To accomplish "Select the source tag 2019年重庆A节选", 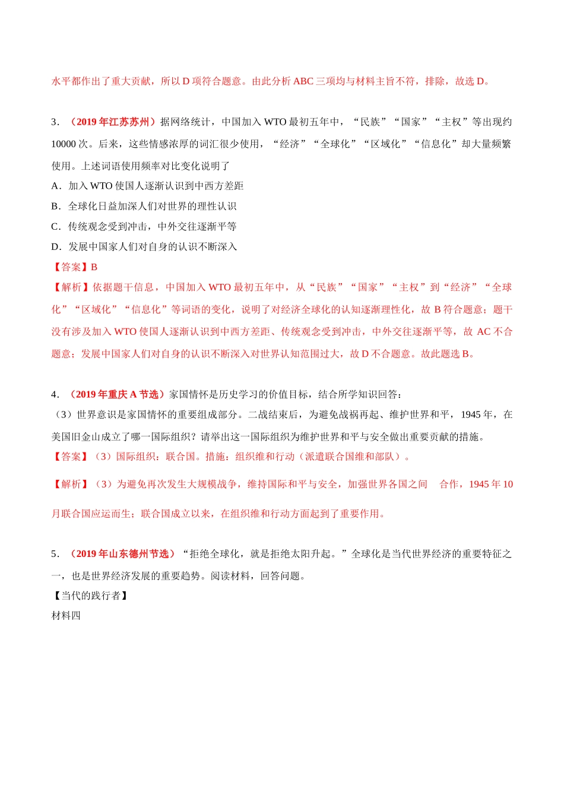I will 117,394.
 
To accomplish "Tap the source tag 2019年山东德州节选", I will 122,554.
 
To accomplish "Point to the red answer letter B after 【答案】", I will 94,267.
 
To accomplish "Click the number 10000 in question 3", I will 64,144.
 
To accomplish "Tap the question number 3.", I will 55,122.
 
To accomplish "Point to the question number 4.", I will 55,395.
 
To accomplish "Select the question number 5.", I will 55,554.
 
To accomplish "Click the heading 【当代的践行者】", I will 90,596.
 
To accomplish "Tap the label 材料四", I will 66,616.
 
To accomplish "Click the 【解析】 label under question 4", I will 71,484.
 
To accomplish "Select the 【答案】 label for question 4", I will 71,457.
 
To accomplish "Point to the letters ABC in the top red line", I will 303,81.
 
